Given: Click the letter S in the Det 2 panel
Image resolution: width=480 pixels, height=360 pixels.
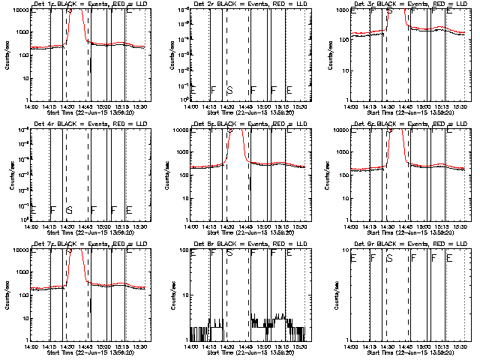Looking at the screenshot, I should tap(229, 90).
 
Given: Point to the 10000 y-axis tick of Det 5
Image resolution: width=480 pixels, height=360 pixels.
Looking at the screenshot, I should tap(179, 129).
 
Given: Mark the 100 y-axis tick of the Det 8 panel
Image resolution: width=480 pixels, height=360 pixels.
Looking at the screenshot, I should tap(182, 248).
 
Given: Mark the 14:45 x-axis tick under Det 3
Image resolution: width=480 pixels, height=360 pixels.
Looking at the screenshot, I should tap(409, 106).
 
